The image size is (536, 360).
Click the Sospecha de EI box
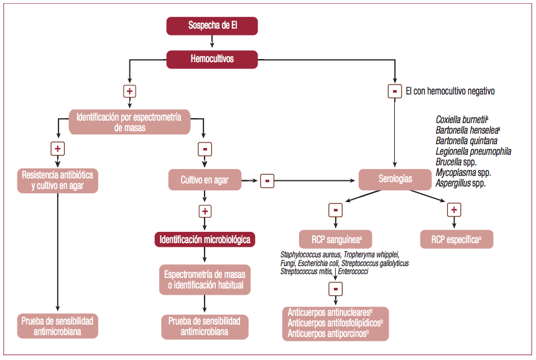pos(211,25)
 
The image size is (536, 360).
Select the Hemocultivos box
pos(211,59)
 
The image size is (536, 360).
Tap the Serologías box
pos(395,179)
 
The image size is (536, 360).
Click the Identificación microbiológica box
pos(206,239)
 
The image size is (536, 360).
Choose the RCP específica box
pos(456,239)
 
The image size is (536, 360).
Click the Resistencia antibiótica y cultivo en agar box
pos(57,180)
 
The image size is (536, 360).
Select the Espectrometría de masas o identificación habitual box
pos(206,280)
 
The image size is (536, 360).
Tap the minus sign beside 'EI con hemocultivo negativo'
pos(394,91)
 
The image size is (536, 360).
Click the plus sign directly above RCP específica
pos(454,210)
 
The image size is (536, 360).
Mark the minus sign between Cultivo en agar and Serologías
pos(267,180)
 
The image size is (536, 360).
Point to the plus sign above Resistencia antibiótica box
pos(57,149)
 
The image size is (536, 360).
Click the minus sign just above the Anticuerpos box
pos(335,288)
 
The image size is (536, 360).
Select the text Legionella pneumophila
pos(473,151)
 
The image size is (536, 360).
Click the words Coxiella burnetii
pos(461,119)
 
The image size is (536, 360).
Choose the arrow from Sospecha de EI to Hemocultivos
pos(211,42)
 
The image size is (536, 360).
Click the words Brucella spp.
pos(456,162)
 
